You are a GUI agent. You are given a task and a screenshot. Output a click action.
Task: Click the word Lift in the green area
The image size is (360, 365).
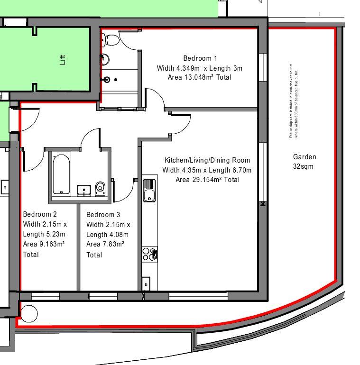coord(63,59)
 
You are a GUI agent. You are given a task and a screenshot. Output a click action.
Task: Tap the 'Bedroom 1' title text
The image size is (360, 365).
coord(200,58)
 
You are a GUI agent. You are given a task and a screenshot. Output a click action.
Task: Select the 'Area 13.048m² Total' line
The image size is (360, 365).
coord(200,77)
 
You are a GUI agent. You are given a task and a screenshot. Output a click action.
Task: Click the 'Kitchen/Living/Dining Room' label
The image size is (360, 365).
coord(207,160)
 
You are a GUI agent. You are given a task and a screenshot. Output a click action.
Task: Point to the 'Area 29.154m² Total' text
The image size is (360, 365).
coord(207,180)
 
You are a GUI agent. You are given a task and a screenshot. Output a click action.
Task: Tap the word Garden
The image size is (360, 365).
coord(305,157)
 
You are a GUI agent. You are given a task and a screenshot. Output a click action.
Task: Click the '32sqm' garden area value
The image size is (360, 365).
coord(304,166)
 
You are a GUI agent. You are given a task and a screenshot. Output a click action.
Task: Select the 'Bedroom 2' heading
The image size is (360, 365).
coord(40,214)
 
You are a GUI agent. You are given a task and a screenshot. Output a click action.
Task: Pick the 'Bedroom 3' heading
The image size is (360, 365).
coord(103,215)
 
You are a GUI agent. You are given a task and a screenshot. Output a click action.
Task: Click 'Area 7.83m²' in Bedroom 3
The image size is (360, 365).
coord(105,244)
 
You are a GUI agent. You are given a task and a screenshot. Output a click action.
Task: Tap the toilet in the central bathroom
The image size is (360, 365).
coord(100,188)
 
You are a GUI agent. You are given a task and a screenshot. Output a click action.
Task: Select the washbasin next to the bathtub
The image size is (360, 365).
coord(84,190)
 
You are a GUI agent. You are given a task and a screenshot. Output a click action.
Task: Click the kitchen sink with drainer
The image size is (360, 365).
coord(149,189)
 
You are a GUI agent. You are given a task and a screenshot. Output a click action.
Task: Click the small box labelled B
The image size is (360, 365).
coord(146,284)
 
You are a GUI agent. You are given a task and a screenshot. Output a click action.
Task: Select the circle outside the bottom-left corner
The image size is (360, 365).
coord(29,313)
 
